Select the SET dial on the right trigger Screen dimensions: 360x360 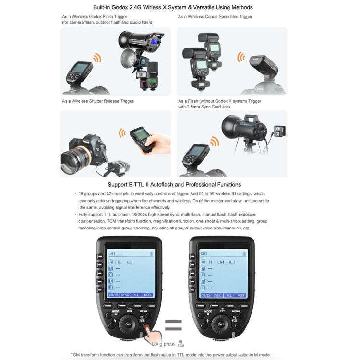coord(221,324)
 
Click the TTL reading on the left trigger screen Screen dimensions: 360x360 coord(118,262)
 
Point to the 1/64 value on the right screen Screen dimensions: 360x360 coord(220,262)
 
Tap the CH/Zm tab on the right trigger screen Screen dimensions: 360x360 coord(204,295)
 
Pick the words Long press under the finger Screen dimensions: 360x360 coord(163,344)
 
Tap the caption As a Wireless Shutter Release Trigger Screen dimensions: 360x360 coord(97,101)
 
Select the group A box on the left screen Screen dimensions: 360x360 coord(110,262)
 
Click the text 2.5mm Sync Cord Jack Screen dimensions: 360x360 coord(211,107)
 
